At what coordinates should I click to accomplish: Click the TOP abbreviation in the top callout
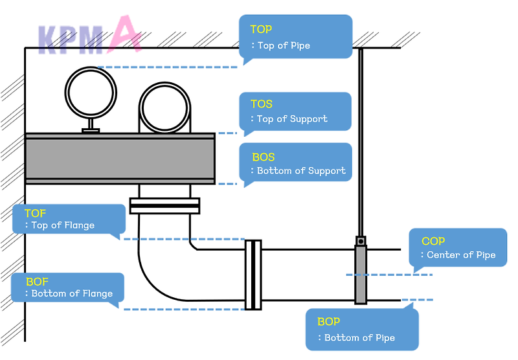pyautogui.click(x=261, y=29)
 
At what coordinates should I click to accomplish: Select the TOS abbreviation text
pyautogui.click(x=262, y=104)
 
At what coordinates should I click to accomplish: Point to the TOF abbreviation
pyautogui.click(x=35, y=213)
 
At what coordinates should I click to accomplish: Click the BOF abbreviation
pyautogui.click(x=38, y=282)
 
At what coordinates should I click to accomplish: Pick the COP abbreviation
pyautogui.click(x=433, y=242)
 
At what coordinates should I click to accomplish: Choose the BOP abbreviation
pyautogui.click(x=328, y=322)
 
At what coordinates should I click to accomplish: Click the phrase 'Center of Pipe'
pyautogui.click(x=461, y=255)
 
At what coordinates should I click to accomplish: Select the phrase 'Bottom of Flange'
pyautogui.click(x=72, y=294)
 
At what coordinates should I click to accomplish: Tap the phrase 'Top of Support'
pyautogui.click(x=292, y=119)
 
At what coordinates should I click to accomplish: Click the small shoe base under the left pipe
pyautogui.click(x=91, y=130)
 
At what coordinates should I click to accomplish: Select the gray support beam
pyautogui.click(x=120, y=159)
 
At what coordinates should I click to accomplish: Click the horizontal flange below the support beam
pyautogui.click(x=164, y=206)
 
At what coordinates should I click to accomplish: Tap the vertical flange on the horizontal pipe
pyautogui.click(x=253, y=275)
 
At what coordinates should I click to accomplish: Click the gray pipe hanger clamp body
pyautogui.click(x=360, y=275)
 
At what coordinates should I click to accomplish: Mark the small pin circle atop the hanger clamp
pyautogui.click(x=361, y=241)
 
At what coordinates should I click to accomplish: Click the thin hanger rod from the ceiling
pyautogui.click(x=361, y=142)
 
